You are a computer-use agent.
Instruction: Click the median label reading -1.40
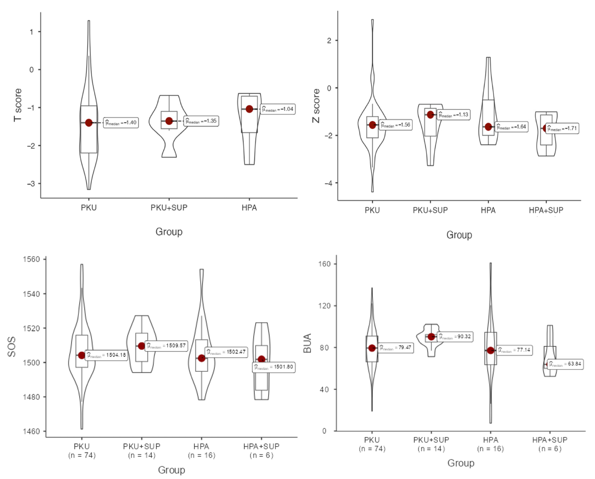[121, 122]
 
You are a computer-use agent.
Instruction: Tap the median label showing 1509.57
[166, 346]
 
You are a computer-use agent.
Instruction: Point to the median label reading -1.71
[562, 128]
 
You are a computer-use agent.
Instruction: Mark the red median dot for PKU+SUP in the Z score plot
[430, 115]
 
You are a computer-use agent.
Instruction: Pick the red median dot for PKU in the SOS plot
[82, 355]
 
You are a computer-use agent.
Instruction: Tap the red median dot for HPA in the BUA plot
[491, 350]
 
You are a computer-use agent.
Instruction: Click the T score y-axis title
[18, 105]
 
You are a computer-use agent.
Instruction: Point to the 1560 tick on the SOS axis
[31, 259]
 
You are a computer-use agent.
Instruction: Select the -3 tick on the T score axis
[31, 183]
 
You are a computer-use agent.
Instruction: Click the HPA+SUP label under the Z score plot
[546, 210]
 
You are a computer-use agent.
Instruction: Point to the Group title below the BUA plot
[461, 463]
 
